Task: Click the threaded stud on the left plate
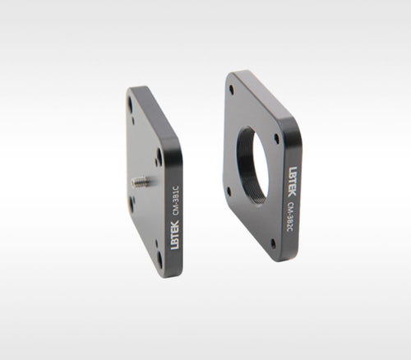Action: coord(141,181)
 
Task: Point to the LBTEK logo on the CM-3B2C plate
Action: coord(293,182)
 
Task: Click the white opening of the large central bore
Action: coord(260,167)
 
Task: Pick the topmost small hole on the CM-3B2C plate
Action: coord(232,89)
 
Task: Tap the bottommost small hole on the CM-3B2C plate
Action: coord(273,242)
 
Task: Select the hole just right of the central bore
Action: coord(276,138)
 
